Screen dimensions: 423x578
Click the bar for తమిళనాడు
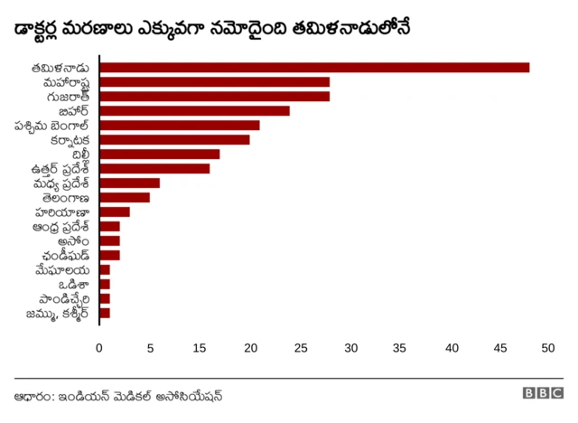coord(314,67)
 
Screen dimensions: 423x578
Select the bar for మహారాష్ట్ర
coord(214,81)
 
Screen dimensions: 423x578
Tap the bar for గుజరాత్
coord(214,96)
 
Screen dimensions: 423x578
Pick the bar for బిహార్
coord(194,110)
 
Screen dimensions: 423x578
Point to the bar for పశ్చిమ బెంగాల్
coord(179,125)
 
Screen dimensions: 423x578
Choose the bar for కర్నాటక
coord(174,139)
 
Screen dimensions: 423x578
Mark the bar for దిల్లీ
coord(159,154)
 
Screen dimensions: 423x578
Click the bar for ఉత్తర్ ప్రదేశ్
coord(154,168)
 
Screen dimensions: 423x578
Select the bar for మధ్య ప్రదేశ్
coord(129,183)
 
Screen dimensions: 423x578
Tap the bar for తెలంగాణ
coord(125,197)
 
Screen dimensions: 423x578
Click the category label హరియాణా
coord(64,211)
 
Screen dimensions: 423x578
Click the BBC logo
coord(542,394)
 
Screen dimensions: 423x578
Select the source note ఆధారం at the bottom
coord(118,395)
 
